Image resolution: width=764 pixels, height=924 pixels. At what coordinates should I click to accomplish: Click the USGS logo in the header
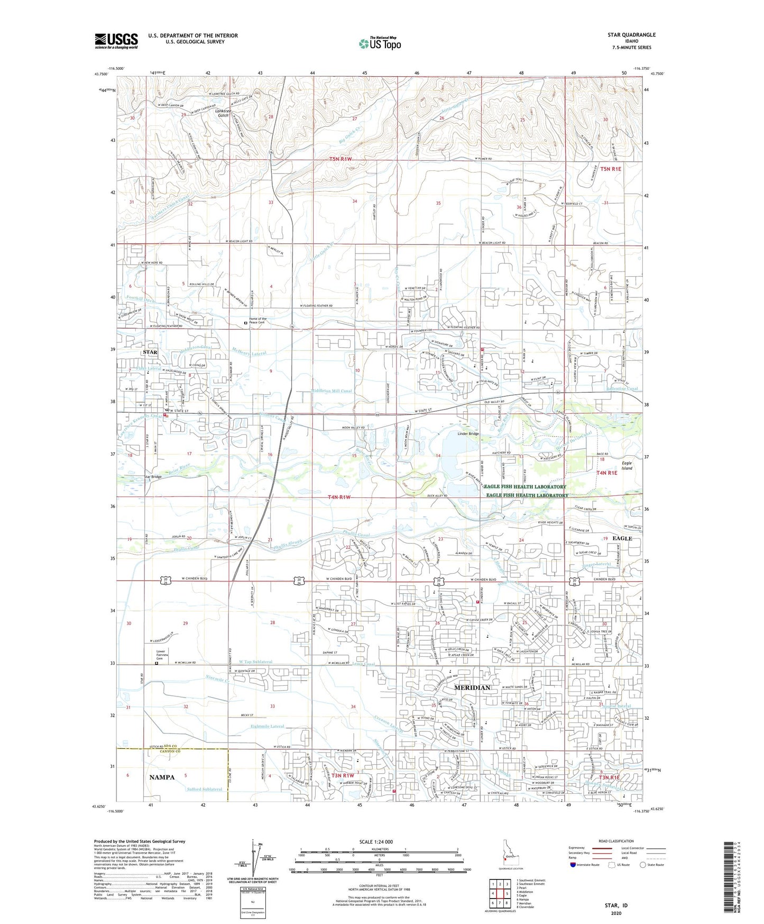click(x=116, y=41)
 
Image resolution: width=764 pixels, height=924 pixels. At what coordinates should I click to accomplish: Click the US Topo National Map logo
click(x=379, y=43)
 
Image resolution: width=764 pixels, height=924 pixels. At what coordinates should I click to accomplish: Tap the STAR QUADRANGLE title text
click(x=631, y=35)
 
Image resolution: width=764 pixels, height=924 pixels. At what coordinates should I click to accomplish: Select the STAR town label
click(x=150, y=352)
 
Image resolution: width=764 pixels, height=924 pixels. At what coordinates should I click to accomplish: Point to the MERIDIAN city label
click(x=473, y=687)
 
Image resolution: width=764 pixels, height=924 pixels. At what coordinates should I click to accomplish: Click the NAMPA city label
click(x=162, y=777)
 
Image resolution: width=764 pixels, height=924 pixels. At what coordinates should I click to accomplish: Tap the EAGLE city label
click(x=622, y=538)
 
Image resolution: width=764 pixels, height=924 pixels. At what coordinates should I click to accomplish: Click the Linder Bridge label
click(x=468, y=434)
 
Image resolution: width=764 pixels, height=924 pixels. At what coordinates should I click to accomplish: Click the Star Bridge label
click(x=153, y=477)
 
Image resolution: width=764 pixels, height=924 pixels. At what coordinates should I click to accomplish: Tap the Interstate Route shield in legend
click(x=574, y=865)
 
